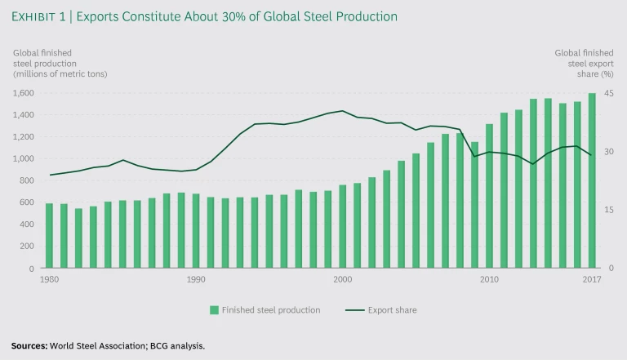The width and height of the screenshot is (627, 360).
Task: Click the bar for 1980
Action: pos(49,236)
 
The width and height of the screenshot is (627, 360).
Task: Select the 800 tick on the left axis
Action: pos(29,180)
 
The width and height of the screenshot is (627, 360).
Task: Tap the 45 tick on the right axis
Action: pos(607,92)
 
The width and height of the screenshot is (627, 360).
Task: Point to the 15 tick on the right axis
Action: pos(607,210)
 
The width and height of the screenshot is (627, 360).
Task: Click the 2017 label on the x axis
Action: pos(591,279)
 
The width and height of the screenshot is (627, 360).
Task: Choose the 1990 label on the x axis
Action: pos(196,279)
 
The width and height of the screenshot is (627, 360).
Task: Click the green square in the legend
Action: pos(214,310)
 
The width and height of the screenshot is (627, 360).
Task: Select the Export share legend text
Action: pos(394,310)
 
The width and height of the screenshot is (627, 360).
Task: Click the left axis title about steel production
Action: pos(60,64)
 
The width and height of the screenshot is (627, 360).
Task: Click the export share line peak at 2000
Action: pos(342,111)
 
